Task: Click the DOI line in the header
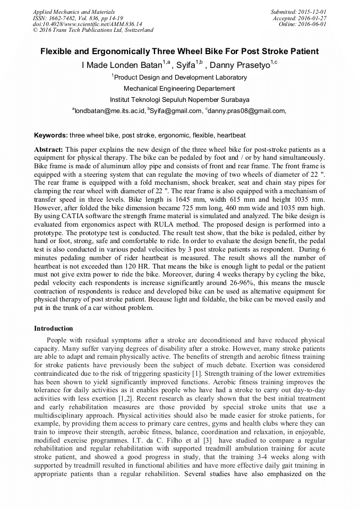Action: point(87,24)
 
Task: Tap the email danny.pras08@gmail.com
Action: point(248,111)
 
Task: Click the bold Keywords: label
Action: point(50,135)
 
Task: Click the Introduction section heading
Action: point(53,329)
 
